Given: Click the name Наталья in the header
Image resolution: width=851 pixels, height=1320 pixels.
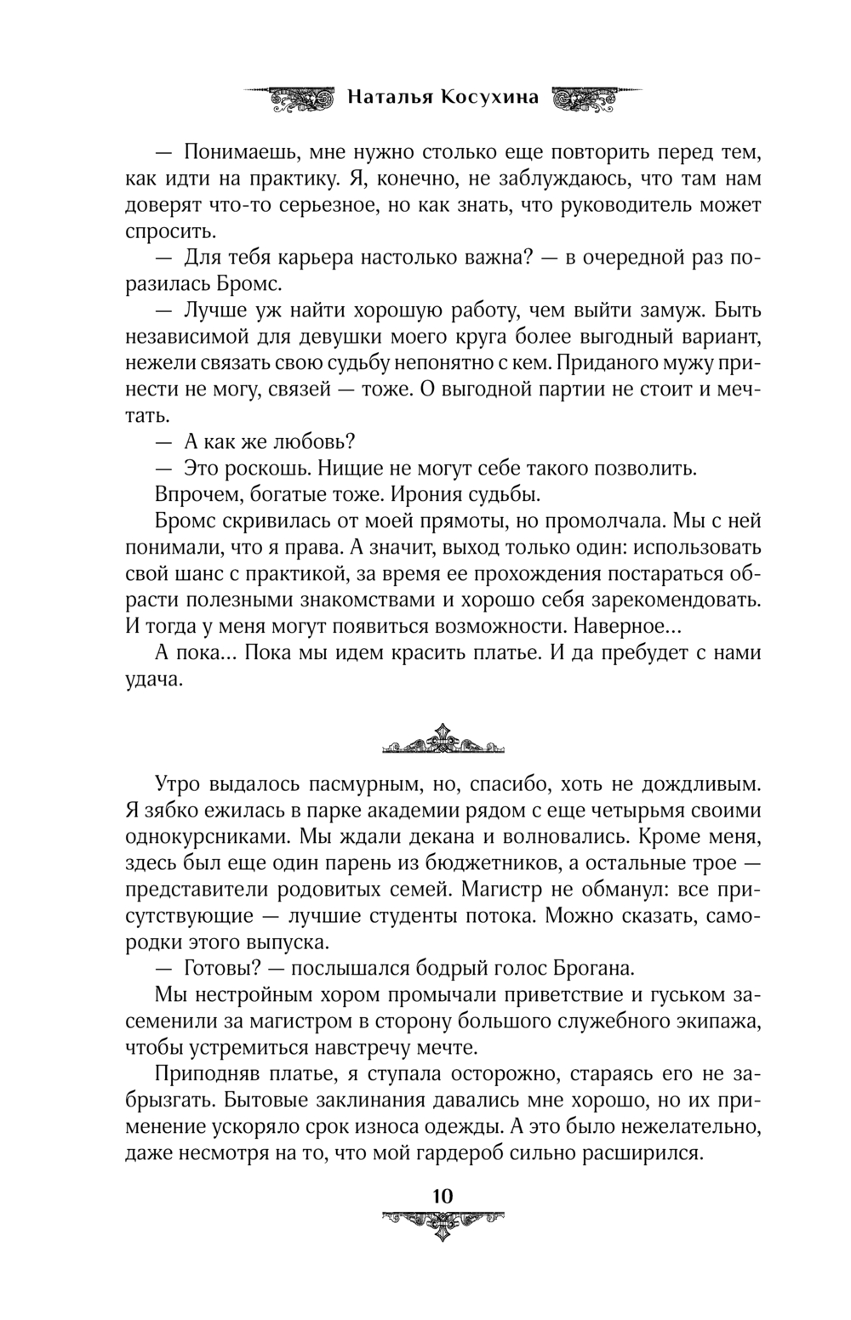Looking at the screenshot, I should [390, 97].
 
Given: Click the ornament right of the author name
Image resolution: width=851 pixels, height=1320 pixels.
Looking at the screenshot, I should [593, 97].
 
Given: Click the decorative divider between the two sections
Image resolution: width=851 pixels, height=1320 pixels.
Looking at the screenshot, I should [442, 740].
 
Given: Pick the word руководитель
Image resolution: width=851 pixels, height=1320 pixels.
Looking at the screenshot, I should [636, 205].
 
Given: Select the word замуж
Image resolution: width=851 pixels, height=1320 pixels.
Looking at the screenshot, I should [665, 310].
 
